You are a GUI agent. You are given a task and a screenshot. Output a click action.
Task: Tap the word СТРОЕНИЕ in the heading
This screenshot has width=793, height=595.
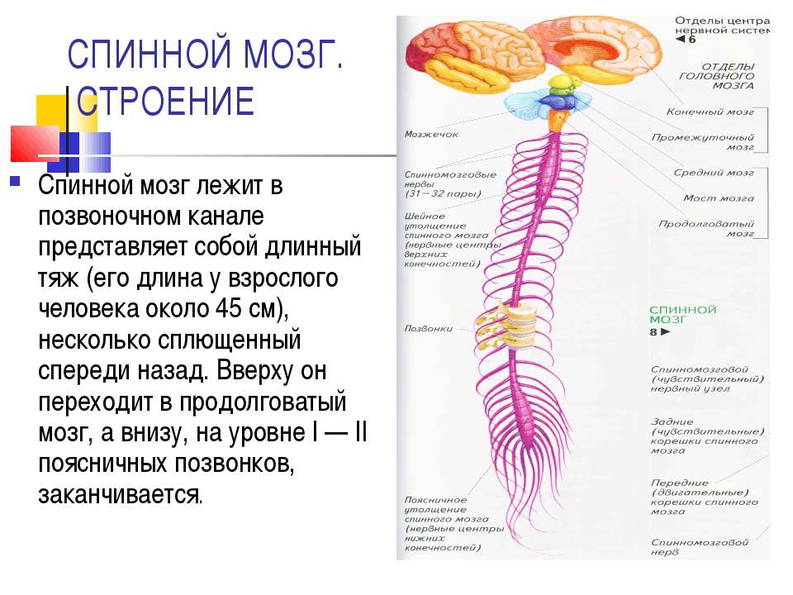[165, 102]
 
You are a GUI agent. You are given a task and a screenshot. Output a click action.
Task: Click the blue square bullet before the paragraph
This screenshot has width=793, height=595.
[16, 179]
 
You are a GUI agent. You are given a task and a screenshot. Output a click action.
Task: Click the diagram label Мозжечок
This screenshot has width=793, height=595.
[431, 134]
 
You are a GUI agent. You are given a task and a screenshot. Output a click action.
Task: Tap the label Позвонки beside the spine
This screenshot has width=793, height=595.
[428, 328]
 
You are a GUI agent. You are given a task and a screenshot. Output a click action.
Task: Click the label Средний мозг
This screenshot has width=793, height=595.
[713, 174]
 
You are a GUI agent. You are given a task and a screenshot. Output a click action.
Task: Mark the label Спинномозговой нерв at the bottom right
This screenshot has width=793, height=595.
[699, 548]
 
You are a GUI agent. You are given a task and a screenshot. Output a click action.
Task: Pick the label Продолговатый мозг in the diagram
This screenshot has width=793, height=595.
[706, 229]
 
